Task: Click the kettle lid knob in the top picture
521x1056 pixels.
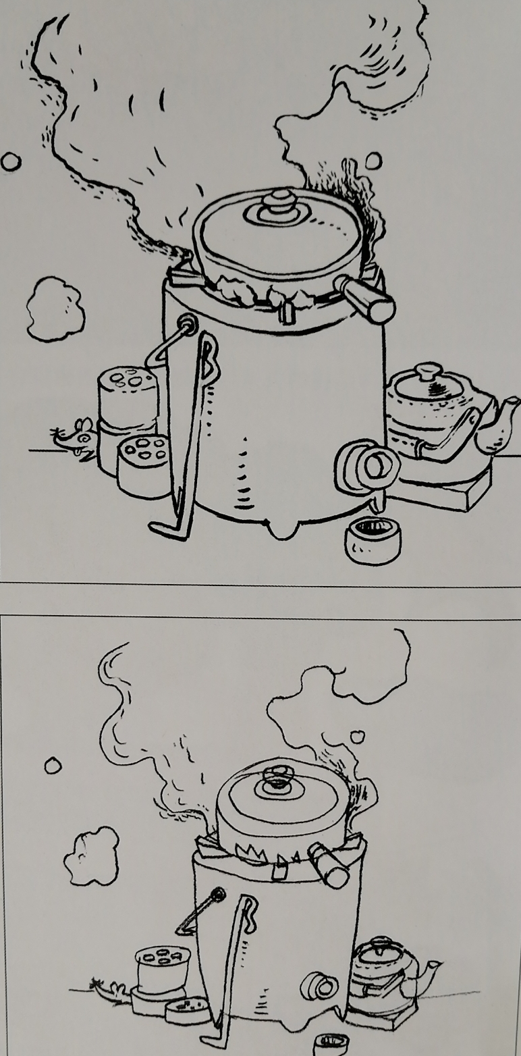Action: point(427,372)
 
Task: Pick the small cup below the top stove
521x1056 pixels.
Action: point(372,539)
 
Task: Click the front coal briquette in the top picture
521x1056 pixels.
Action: point(143,466)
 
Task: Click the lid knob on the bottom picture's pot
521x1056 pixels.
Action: point(275,776)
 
